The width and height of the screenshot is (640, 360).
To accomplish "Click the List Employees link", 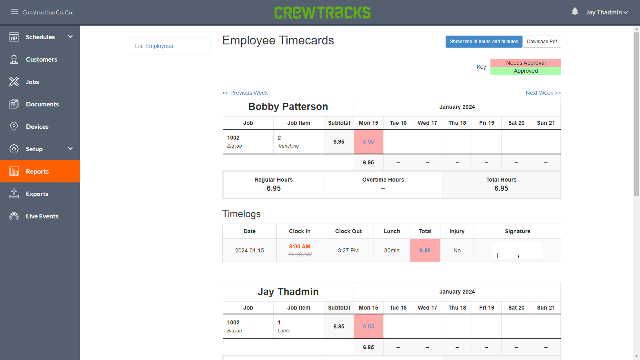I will point(154,46).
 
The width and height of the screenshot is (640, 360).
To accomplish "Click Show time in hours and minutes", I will point(484,42).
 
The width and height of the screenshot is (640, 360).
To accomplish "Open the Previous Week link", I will point(245,93).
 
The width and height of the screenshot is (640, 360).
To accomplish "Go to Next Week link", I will point(543,93).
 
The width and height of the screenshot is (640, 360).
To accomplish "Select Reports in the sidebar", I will point(37,171).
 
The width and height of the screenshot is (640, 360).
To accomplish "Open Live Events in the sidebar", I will point(42,216).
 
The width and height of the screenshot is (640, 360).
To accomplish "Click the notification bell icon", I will point(575,12).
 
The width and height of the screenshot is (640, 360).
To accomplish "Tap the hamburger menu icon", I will point(14,12).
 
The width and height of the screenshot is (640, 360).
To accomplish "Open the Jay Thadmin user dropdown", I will point(606,12).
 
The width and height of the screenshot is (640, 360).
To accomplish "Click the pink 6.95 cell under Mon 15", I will point(368,142).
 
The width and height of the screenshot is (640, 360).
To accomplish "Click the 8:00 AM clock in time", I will point(300,246).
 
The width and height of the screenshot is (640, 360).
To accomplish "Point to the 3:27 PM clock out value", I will point(348,250).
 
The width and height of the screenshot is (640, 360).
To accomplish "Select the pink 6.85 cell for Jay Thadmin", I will point(368,326).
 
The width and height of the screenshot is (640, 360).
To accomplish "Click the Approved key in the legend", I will point(526,71).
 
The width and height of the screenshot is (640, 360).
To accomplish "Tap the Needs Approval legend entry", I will point(526,63).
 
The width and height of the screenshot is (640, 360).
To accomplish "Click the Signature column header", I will point(517,231).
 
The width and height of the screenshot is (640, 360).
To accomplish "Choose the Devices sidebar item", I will point(37,126).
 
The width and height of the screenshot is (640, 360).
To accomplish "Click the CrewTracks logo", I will point(322,12).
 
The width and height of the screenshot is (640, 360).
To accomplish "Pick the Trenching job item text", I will point(288,146).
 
